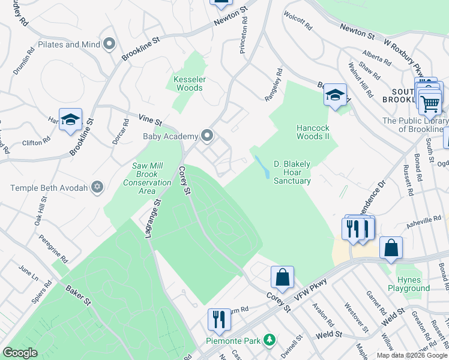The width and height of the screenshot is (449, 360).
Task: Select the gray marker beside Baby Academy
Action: pos(208,136)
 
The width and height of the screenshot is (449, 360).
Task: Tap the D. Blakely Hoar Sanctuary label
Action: pos(292,172)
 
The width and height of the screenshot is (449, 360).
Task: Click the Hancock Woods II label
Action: pos(313,132)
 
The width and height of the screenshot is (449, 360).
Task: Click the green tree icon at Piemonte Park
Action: pos(270,340)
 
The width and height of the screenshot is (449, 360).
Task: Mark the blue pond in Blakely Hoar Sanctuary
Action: pos(261,166)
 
